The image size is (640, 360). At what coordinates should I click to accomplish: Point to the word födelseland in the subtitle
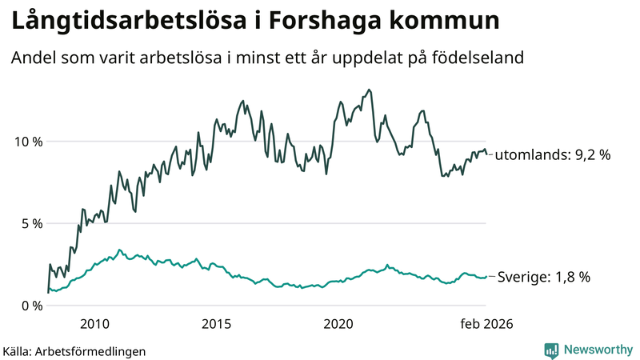(483, 58)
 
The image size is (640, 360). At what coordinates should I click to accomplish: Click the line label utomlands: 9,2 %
(552, 155)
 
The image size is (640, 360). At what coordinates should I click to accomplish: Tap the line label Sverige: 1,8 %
(544, 277)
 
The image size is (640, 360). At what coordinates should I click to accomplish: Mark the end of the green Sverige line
(486, 276)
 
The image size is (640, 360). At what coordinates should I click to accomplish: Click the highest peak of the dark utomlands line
(369, 90)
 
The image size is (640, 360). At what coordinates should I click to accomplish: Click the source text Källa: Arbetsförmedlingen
(74, 350)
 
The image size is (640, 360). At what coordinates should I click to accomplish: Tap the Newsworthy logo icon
(551, 350)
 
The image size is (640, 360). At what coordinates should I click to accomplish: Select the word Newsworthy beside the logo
(598, 350)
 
